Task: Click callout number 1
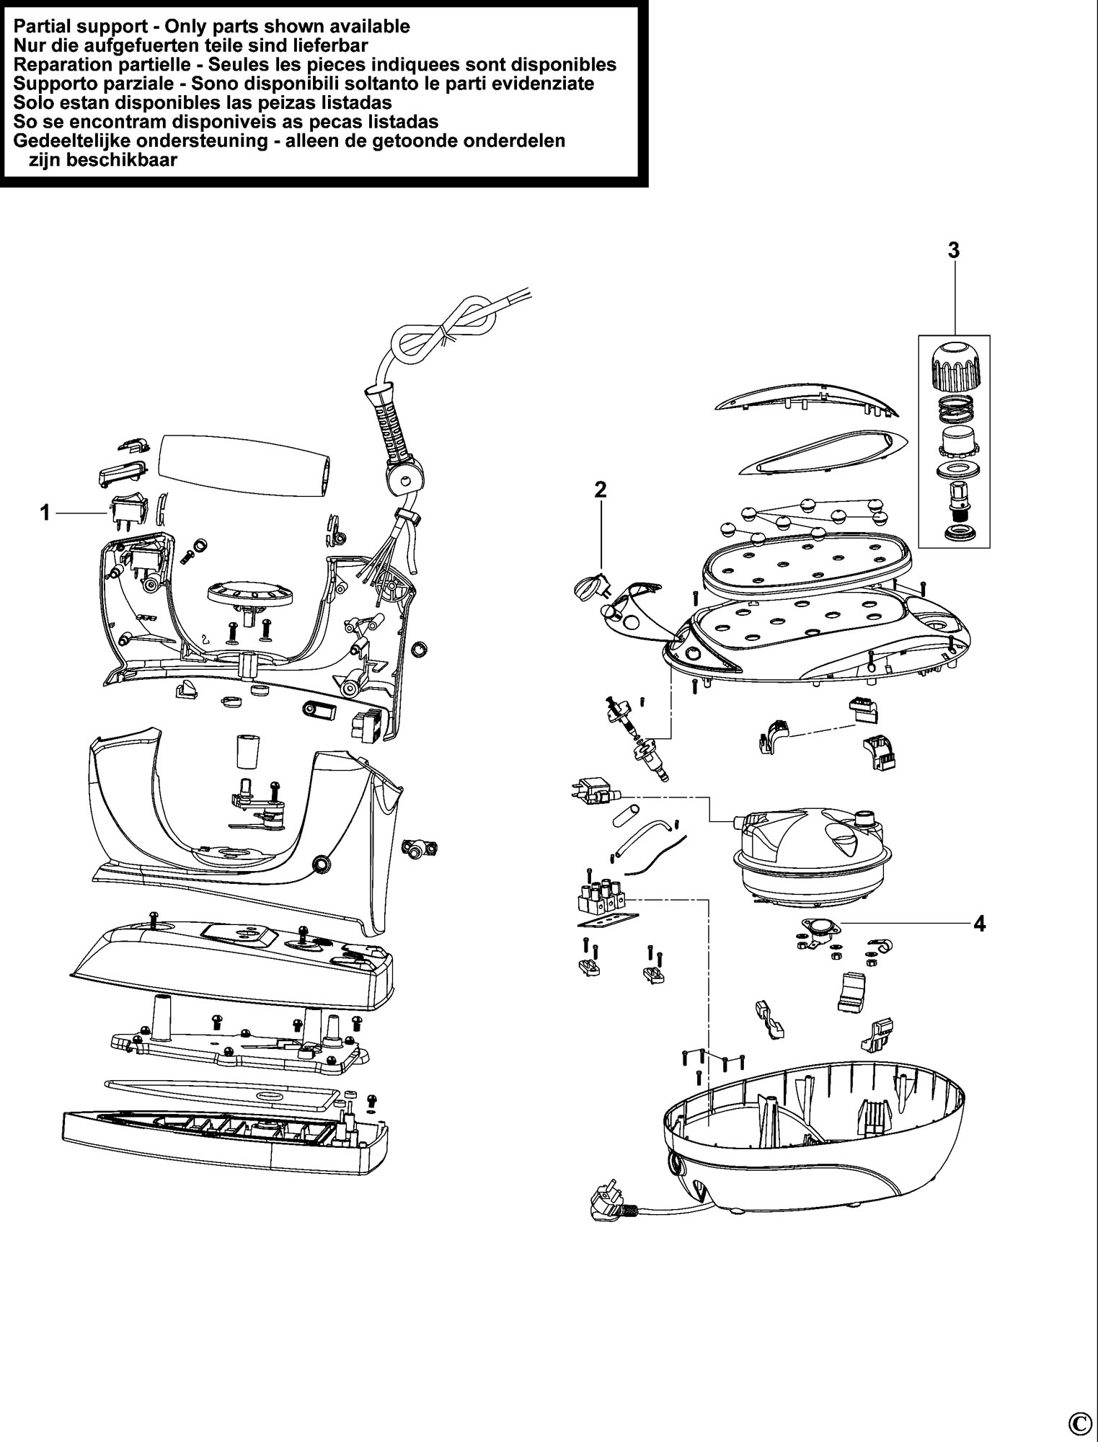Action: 45,513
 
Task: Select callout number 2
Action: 600,490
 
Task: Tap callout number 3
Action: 954,251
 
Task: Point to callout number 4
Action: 978,923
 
